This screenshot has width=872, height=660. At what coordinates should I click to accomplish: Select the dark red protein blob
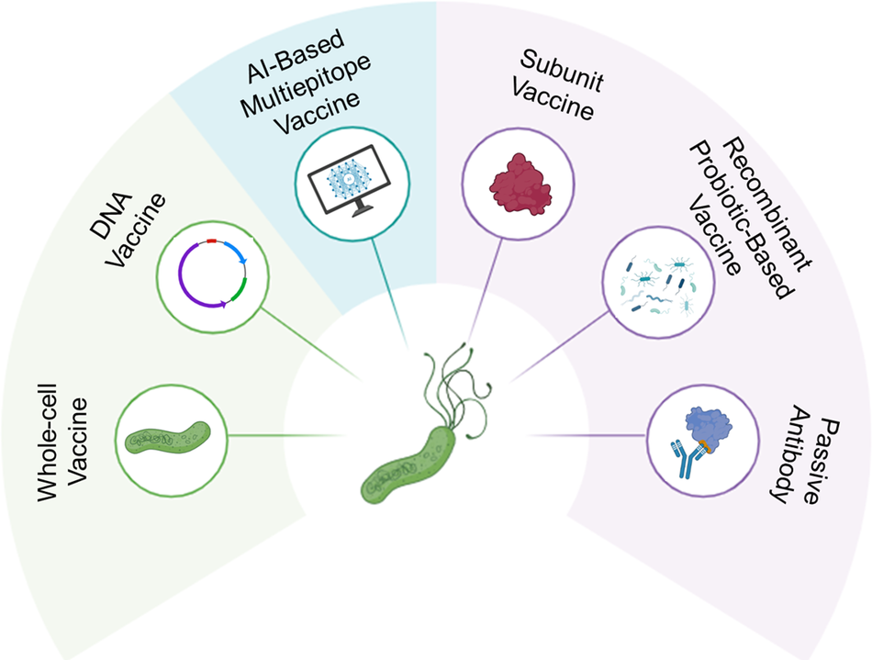[520, 185]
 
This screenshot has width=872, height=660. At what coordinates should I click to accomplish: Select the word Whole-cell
[47, 442]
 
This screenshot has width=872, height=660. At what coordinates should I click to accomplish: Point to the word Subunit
[562, 71]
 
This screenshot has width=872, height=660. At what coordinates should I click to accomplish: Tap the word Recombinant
[767, 206]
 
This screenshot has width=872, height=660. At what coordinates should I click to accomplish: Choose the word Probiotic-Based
[740, 219]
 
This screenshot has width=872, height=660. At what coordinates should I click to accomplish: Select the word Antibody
[792, 454]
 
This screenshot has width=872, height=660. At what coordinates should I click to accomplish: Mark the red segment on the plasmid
[211, 241]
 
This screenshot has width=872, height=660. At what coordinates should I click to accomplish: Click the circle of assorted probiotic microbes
[658, 283]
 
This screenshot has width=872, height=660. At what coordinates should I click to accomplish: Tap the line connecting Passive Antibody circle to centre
[587, 435]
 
